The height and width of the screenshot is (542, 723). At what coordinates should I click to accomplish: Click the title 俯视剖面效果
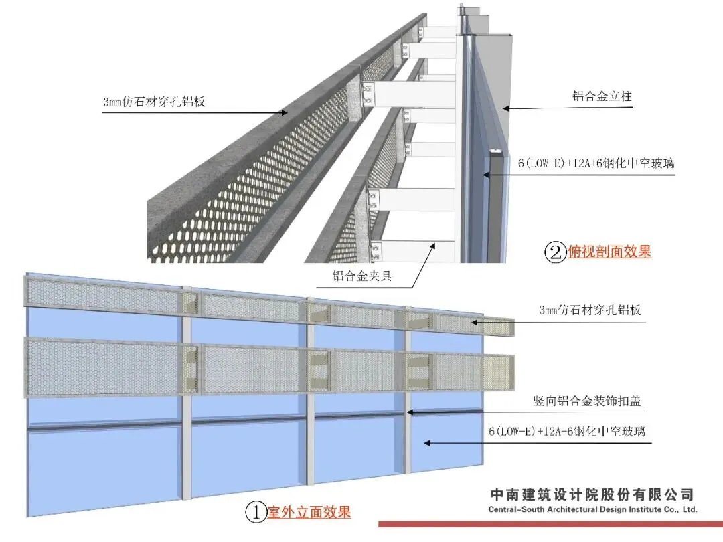609,252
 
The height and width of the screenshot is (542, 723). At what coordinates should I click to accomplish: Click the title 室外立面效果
309,513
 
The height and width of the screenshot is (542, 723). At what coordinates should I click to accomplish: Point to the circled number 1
255,513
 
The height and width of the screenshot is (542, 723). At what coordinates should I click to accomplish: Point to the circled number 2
556,253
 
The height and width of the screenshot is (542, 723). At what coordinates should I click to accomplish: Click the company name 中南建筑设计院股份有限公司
593,495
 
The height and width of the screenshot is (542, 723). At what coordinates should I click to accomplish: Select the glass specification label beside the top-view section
596,163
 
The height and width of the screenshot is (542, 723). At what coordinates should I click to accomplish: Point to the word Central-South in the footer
517,509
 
